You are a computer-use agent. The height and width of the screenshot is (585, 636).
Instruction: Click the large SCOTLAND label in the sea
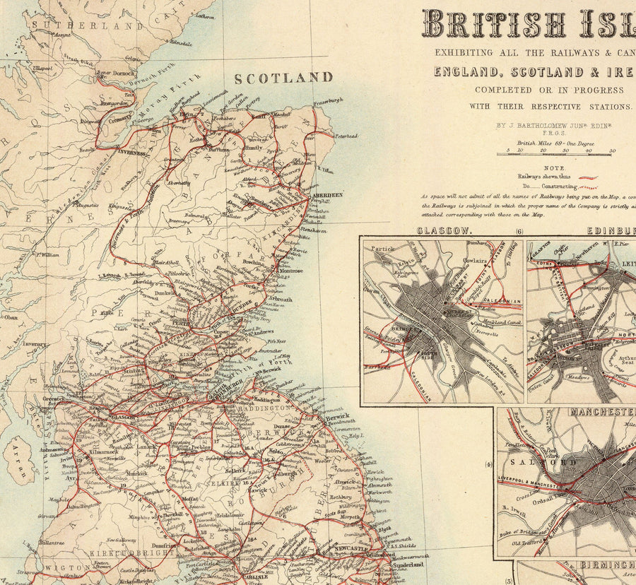click(283, 78)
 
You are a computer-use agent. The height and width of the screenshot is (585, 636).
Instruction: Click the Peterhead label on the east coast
click(346, 136)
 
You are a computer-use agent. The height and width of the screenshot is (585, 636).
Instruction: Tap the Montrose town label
click(290, 271)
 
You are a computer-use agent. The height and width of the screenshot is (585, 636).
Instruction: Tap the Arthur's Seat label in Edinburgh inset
click(628, 361)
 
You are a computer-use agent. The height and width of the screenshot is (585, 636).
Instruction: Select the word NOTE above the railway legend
click(554, 167)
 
